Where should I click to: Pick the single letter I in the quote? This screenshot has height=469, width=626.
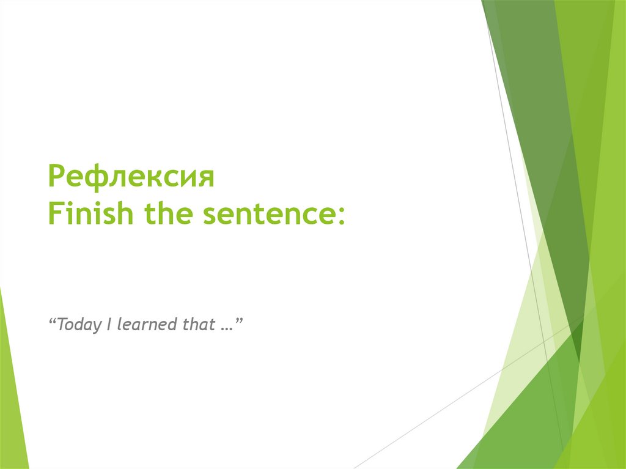[x=108, y=324]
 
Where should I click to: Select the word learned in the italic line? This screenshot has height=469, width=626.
[x=146, y=324]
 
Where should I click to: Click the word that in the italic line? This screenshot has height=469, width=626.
[x=198, y=324]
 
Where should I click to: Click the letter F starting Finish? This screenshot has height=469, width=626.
[x=54, y=215]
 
